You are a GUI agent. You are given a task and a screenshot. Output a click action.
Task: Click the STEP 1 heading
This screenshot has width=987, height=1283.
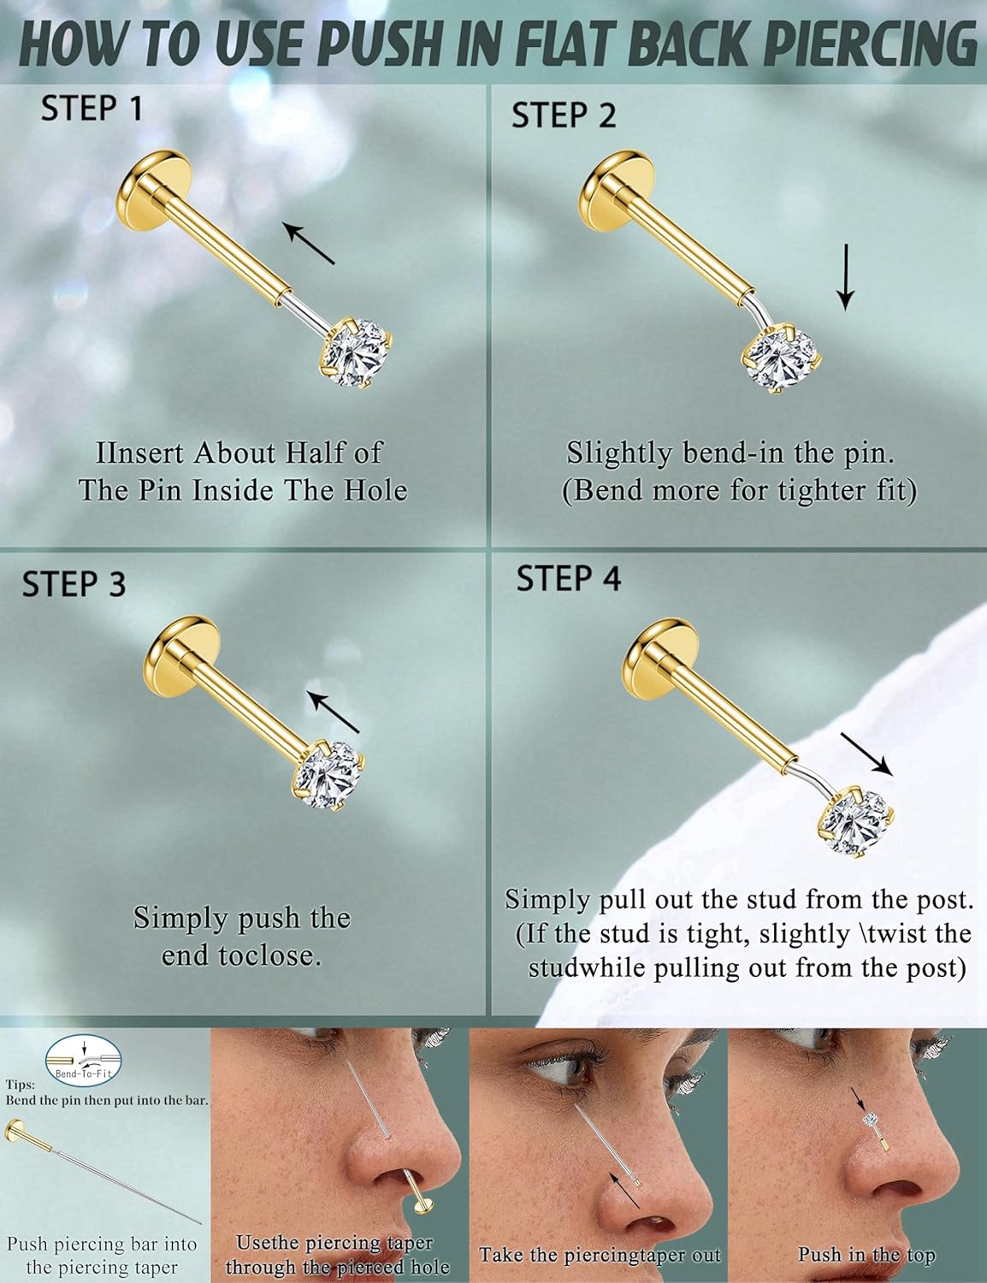[92, 109]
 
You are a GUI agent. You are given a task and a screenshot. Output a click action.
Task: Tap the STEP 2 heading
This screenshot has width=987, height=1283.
[563, 115]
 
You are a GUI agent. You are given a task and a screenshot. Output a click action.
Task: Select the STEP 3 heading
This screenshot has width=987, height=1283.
[74, 584]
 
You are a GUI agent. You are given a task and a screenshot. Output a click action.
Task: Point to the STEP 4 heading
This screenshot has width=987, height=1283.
[568, 579]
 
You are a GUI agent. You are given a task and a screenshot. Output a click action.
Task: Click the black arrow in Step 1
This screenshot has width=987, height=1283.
[309, 243]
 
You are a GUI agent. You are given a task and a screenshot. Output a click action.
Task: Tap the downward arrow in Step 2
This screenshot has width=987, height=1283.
[845, 276]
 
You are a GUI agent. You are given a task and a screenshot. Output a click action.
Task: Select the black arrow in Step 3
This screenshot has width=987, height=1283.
[334, 712]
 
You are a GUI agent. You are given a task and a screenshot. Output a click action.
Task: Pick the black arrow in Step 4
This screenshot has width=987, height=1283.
[866, 754]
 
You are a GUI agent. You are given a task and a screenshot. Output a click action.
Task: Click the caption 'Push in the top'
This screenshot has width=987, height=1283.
[866, 1255]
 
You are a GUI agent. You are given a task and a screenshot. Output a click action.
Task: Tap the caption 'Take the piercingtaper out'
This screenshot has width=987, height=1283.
[600, 1255]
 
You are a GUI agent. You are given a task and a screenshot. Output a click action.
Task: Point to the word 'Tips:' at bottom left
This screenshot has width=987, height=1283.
[20, 1084]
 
